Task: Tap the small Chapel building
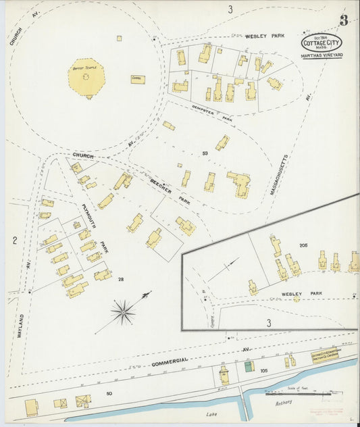[138, 79]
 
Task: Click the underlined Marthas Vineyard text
[322, 55]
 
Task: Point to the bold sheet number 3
[343, 20]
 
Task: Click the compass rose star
[123, 312]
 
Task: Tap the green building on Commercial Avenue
[248, 366]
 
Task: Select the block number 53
[204, 154]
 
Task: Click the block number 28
[120, 279]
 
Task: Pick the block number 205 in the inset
[303, 245]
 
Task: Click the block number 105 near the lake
[264, 371]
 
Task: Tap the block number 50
[109, 393]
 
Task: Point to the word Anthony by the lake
[284, 403]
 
